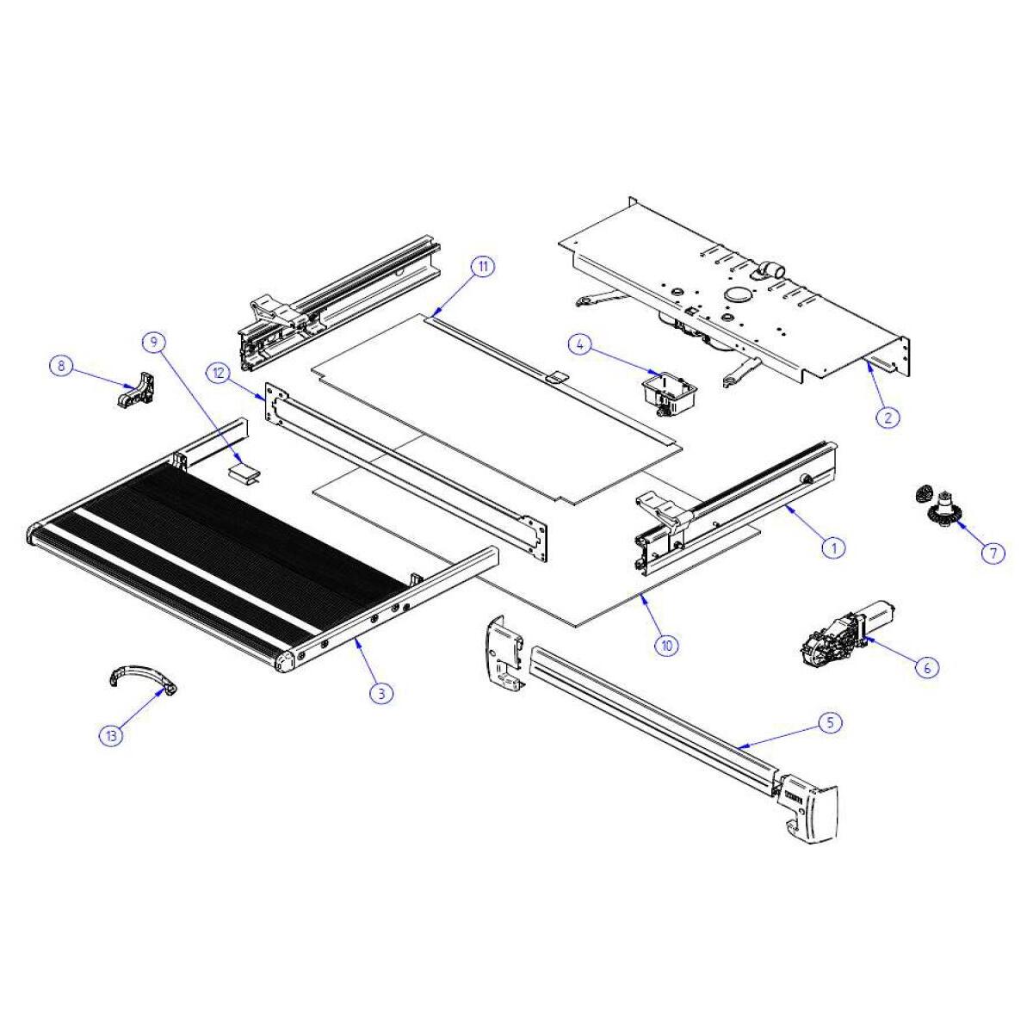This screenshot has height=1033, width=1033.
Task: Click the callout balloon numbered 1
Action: point(833,547)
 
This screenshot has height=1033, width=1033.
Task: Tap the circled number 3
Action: point(381,693)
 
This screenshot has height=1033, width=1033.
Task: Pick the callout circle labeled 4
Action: point(580,346)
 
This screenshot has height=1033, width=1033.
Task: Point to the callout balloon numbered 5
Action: point(830,722)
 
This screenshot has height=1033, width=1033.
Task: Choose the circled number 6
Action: point(927,667)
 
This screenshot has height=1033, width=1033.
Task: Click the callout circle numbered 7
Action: point(993,552)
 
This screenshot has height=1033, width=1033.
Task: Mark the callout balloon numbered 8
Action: point(61,366)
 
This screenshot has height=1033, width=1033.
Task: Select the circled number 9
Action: point(154,341)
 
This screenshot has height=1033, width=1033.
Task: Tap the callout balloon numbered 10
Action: point(666,645)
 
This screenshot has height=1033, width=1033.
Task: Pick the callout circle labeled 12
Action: point(220,373)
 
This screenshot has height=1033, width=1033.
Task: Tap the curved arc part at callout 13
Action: point(142,669)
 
